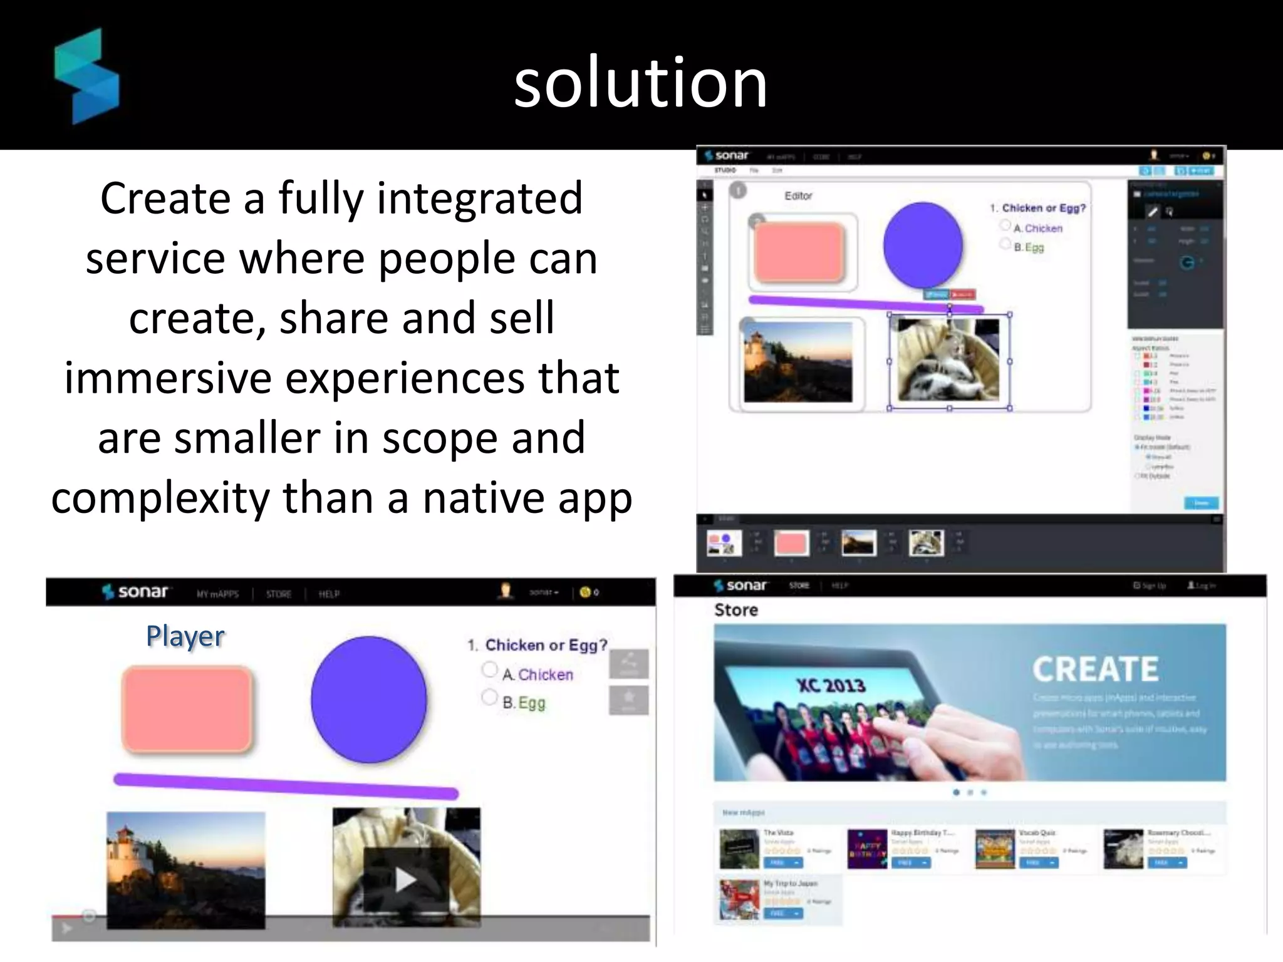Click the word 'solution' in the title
[x=640, y=83]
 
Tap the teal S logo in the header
[x=86, y=76]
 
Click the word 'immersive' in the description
[x=168, y=378]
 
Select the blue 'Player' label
[x=185, y=636]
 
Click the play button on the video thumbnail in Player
[x=406, y=879]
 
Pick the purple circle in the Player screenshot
[x=368, y=700]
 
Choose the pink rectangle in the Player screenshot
[x=187, y=708]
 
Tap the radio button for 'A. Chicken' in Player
[x=489, y=670]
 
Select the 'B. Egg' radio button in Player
[x=489, y=697]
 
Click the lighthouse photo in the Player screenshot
[x=185, y=869]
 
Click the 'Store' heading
[x=736, y=610]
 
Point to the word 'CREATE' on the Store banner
[x=1096, y=669]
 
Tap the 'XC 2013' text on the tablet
[x=831, y=685]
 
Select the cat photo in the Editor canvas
[x=948, y=359]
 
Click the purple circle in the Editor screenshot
[x=923, y=245]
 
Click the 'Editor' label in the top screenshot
[x=798, y=196]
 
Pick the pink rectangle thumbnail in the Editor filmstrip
[x=791, y=543]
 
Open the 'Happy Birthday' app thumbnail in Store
[x=867, y=849]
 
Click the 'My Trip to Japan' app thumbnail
[x=739, y=899]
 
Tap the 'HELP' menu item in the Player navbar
[x=329, y=594]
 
